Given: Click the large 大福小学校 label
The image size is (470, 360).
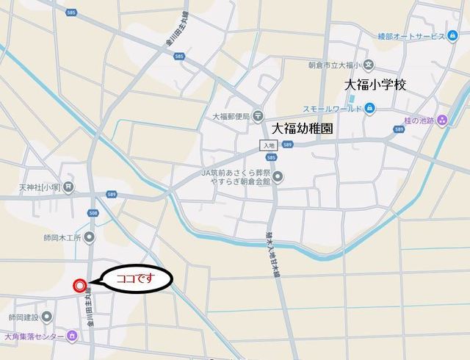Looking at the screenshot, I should point(376,86).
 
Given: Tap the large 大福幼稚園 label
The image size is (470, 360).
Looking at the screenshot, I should point(302,128).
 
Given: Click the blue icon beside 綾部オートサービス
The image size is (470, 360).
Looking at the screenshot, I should point(452,35).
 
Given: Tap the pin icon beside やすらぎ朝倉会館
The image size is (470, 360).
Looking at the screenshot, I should point(278,176).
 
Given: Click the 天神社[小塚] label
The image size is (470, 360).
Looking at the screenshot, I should point(40,188).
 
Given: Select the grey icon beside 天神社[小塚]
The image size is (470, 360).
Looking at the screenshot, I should point(68,187).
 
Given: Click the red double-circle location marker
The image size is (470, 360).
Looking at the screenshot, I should point(80,285).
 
